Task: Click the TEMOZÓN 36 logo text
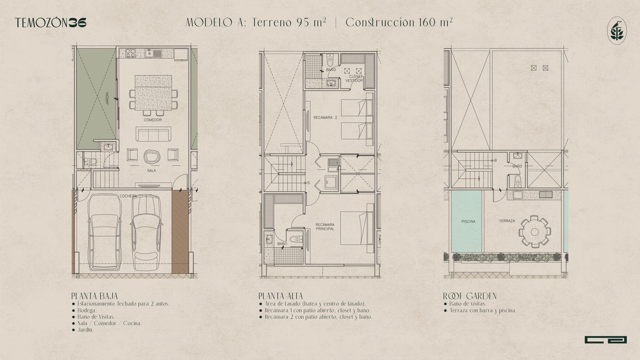(x=51, y=23)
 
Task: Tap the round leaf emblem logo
(x=617, y=30)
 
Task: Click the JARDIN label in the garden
(x=107, y=98)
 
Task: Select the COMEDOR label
(x=153, y=120)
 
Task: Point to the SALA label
(x=151, y=171)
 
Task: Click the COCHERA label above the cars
(x=128, y=196)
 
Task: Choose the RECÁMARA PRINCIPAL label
(x=325, y=227)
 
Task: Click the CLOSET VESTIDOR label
(x=354, y=78)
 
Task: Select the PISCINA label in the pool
(x=468, y=221)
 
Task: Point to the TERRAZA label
(x=507, y=221)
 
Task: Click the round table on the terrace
(x=534, y=231)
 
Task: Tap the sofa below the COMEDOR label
(x=154, y=134)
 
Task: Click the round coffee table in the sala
(x=151, y=157)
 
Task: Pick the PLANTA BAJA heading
(x=94, y=296)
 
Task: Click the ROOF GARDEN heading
(x=470, y=296)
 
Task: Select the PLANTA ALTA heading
(x=281, y=296)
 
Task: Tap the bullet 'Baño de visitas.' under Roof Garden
(x=467, y=303)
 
